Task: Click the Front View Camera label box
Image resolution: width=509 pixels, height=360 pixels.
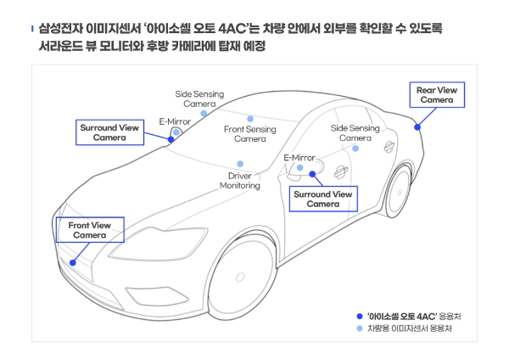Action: (x=89, y=230)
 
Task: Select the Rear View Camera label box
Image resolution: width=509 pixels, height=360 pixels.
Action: (x=437, y=94)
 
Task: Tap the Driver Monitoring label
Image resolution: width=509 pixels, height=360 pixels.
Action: (x=240, y=180)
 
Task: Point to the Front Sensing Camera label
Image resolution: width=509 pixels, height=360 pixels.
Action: (x=250, y=133)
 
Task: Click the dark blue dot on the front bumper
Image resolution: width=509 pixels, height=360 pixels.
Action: (x=73, y=262)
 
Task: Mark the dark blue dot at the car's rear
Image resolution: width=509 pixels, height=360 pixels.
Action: (x=417, y=127)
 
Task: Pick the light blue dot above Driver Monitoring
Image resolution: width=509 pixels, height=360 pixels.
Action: (x=240, y=164)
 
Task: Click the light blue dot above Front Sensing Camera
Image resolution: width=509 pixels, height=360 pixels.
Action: (x=250, y=119)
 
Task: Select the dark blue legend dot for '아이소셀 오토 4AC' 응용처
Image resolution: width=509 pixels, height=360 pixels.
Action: (x=360, y=316)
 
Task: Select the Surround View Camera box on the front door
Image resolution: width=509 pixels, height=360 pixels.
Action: (x=323, y=200)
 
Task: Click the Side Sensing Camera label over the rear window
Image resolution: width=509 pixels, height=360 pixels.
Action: (x=355, y=133)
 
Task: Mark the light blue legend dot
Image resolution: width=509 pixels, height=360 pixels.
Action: (x=360, y=329)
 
